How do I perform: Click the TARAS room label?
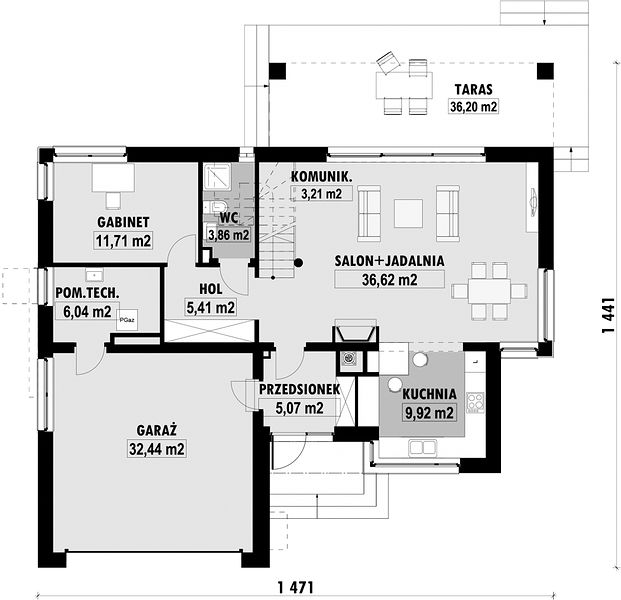point(474,90)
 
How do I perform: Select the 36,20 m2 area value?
point(474,107)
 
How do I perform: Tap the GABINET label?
point(123,222)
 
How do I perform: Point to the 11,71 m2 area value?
point(123,240)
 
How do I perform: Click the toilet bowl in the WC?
point(217,207)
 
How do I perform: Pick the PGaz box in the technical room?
point(127,320)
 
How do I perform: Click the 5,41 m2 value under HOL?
point(211,307)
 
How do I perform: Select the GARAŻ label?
point(156,430)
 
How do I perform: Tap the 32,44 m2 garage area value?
point(157,449)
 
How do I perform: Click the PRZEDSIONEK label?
point(299,389)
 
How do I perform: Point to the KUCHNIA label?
point(429,394)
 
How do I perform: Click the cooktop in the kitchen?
point(475,402)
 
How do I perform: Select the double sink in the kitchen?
point(423,448)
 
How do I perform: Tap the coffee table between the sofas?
point(408,213)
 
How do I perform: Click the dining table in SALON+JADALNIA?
point(489,291)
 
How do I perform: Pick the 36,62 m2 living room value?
point(390,280)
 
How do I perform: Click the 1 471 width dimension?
point(295,587)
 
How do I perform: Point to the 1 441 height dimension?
point(608,315)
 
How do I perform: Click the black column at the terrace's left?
point(277,71)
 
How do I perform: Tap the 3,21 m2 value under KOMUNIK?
point(322,194)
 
